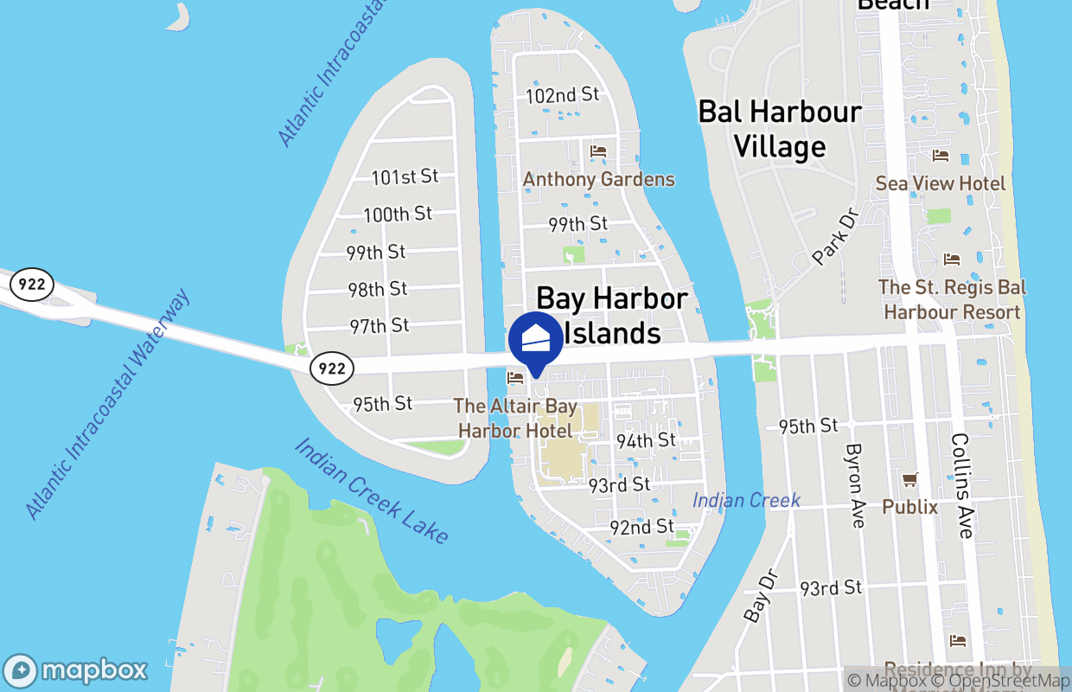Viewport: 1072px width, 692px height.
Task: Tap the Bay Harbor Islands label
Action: [612, 316]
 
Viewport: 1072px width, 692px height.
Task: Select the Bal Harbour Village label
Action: [780, 129]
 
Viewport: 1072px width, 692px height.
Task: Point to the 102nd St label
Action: [563, 95]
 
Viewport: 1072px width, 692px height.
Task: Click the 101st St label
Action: [405, 177]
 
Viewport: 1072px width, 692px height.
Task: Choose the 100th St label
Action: [398, 215]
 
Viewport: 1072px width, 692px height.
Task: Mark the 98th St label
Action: [378, 289]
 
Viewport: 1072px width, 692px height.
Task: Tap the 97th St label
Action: [380, 326]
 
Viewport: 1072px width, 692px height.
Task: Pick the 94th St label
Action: [646, 440]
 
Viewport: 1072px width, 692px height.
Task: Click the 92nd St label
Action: [641, 527]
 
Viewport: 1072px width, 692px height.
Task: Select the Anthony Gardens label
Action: [598, 180]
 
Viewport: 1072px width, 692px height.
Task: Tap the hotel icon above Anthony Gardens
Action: [598, 151]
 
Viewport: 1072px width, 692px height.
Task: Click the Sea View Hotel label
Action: [941, 183]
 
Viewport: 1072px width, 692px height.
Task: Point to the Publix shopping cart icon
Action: [909, 479]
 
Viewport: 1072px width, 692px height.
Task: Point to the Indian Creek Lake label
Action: [372, 490]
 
